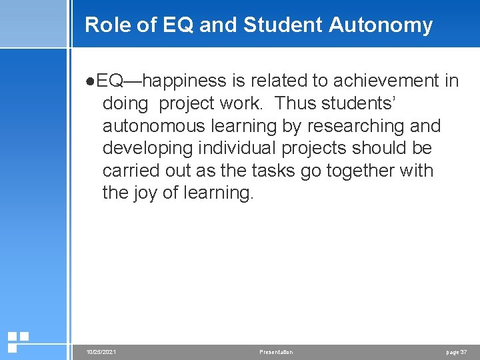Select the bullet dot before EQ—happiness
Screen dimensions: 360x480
tap(91, 81)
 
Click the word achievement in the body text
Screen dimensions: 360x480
tap(387, 81)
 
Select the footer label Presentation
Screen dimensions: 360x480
tap(276, 352)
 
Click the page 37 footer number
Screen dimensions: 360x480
tap(456, 352)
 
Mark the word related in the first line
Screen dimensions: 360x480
tap(278, 81)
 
